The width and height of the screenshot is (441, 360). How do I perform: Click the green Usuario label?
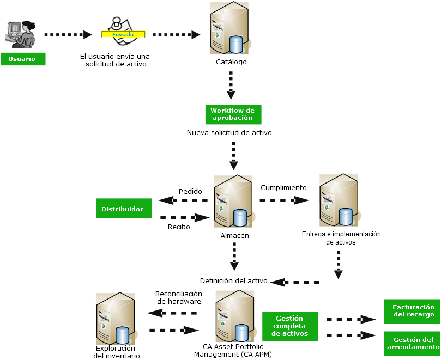[x=23, y=59]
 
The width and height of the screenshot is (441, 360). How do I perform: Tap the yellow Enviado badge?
[x=123, y=35]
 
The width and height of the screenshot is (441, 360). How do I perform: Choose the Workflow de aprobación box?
[x=233, y=114]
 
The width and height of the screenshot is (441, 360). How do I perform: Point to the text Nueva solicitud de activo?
[x=229, y=132]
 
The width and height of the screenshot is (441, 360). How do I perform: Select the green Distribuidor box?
[x=123, y=209]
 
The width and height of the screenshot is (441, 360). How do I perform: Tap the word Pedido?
[x=190, y=192]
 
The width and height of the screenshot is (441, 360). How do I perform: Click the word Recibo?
[x=179, y=227]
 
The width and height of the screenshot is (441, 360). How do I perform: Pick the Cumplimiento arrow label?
[x=283, y=187]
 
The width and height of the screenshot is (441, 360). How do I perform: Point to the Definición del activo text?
[x=233, y=281]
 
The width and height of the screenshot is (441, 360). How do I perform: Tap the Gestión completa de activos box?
[x=290, y=326]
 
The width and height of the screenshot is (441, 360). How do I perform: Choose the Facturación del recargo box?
[x=413, y=310]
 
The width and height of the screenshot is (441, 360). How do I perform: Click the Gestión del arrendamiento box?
[x=413, y=343]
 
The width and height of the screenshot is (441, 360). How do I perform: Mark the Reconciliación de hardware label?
[x=178, y=297]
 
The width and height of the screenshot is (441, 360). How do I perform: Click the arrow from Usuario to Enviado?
[x=68, y=35]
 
